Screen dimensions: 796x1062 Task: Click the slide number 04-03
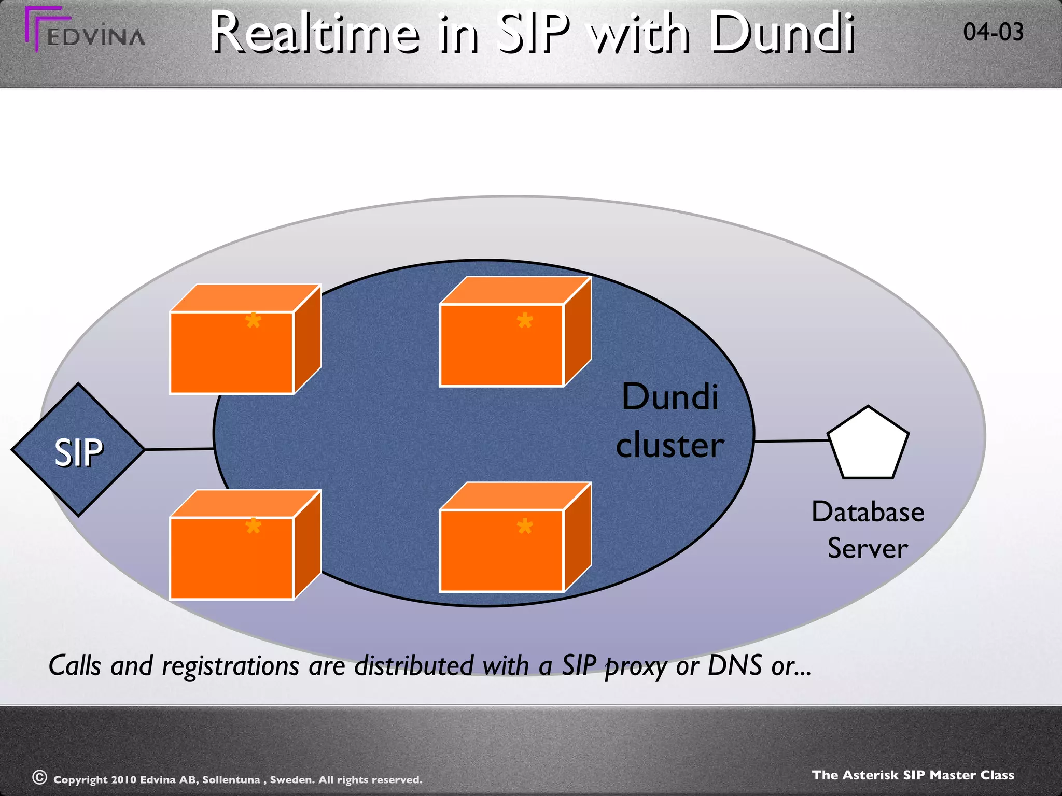[993, 32]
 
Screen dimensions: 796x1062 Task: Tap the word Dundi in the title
[782, 34]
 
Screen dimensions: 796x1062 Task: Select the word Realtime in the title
[315, 34]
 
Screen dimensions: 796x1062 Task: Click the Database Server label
[868, 530]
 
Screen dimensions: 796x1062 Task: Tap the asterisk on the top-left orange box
[253, 320]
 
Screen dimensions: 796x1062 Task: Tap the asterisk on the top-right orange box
[525, 320]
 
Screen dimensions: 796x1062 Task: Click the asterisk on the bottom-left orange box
[253, 526]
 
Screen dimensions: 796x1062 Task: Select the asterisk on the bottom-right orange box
[525, 527]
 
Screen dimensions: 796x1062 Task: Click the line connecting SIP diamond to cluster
[179, 449]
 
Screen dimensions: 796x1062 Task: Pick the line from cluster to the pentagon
[791, 441]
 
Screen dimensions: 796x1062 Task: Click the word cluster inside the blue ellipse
[669, 446]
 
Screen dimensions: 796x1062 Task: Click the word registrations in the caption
[230, 666]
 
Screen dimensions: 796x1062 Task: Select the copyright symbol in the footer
[40, 777]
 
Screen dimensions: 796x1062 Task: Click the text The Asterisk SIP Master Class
[913, 775]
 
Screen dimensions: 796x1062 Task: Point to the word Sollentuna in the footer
[231, 779]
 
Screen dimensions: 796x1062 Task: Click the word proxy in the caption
[635, 666]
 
